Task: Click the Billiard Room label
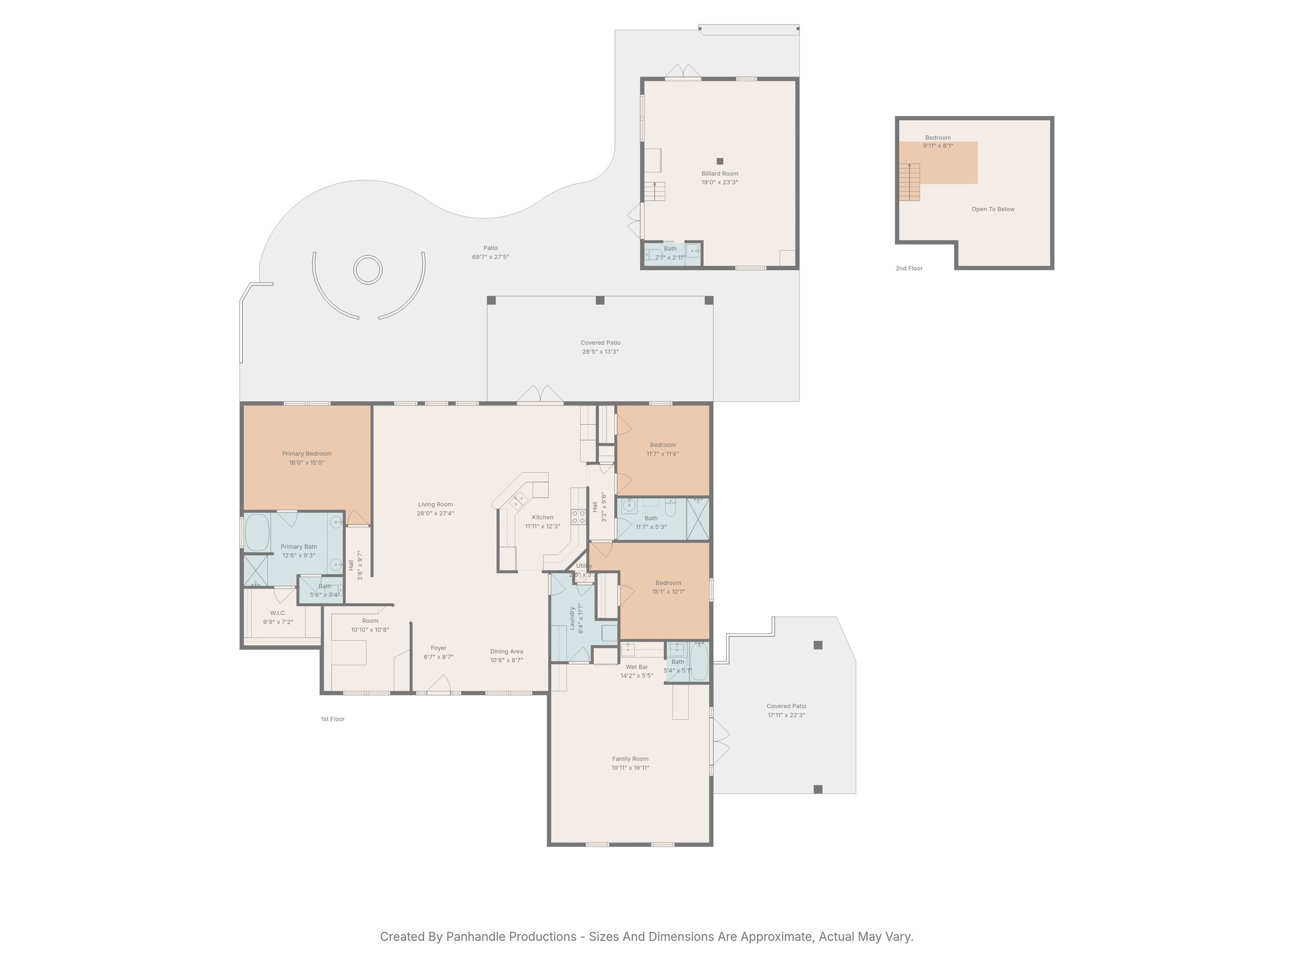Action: (x=719, y=174)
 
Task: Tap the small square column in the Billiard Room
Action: (x=720, y=161)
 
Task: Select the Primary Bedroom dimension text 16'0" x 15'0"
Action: (x=306, y=463)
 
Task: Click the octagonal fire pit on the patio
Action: (x=368, y=270)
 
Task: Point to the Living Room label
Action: (x=435, y=505)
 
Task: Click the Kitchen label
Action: (x=542, y=517)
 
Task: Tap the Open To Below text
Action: (x=993, y=209)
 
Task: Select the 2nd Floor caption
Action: (x=909, y=268)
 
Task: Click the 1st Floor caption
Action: (x=332, y=719)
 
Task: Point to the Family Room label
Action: (x=630, y=759)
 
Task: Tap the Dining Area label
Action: (x=506, y=652)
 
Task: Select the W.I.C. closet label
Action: (x=278, y=613)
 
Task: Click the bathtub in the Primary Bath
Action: (x=257, y=532)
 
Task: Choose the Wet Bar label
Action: (x=636, y=667)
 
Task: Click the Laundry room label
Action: (x=572, y=618)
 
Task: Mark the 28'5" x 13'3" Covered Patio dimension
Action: (x=600, y=352)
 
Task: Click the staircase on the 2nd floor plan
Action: (x=909, y=182)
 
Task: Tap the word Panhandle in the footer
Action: (x=479, y=937)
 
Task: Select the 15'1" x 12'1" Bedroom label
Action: (x=668, y=592)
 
